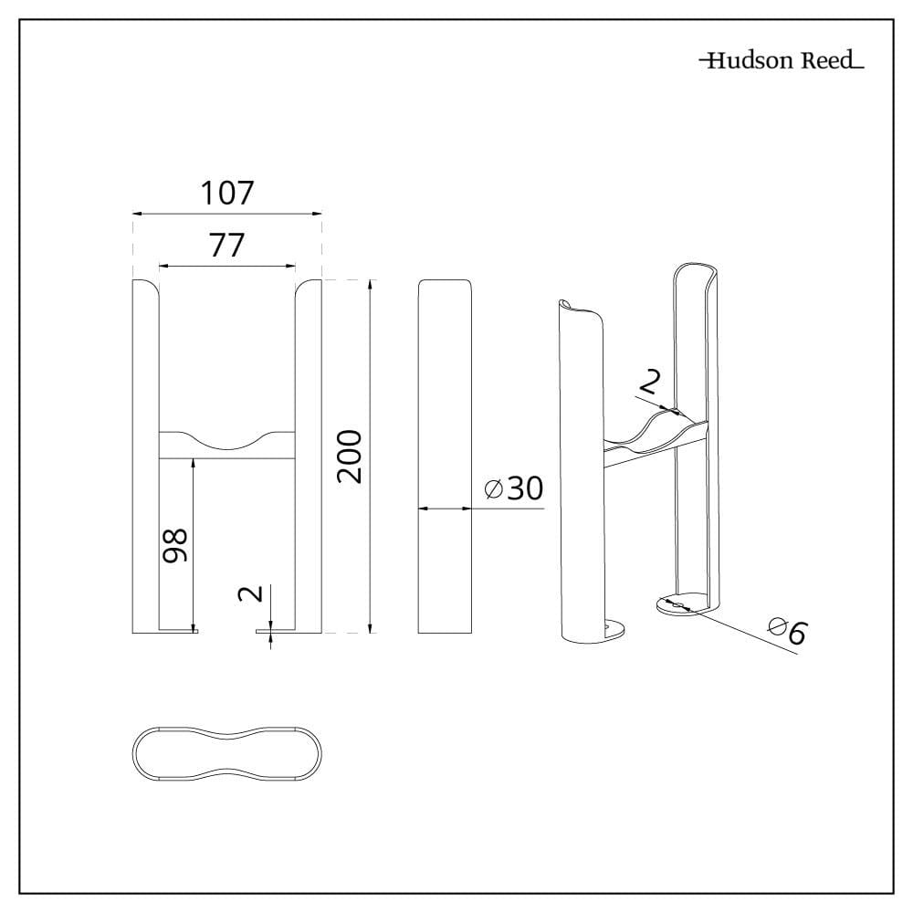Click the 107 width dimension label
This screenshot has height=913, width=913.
pos(227,193)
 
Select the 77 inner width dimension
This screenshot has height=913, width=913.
pos(227,245)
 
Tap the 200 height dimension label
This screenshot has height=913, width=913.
pos(350,456)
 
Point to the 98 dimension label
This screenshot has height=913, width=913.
pos(174,545)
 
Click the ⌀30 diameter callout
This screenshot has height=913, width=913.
pos(514,488)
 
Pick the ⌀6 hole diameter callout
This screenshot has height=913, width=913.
pos(788,631)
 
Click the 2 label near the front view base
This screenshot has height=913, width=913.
pos(251,594)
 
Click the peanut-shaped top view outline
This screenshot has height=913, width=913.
pos(226,728)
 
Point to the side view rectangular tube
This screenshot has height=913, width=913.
pos(445,456)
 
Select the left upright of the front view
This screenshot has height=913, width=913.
pos(145,456)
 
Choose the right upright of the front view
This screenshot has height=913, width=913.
pos(308,456)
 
